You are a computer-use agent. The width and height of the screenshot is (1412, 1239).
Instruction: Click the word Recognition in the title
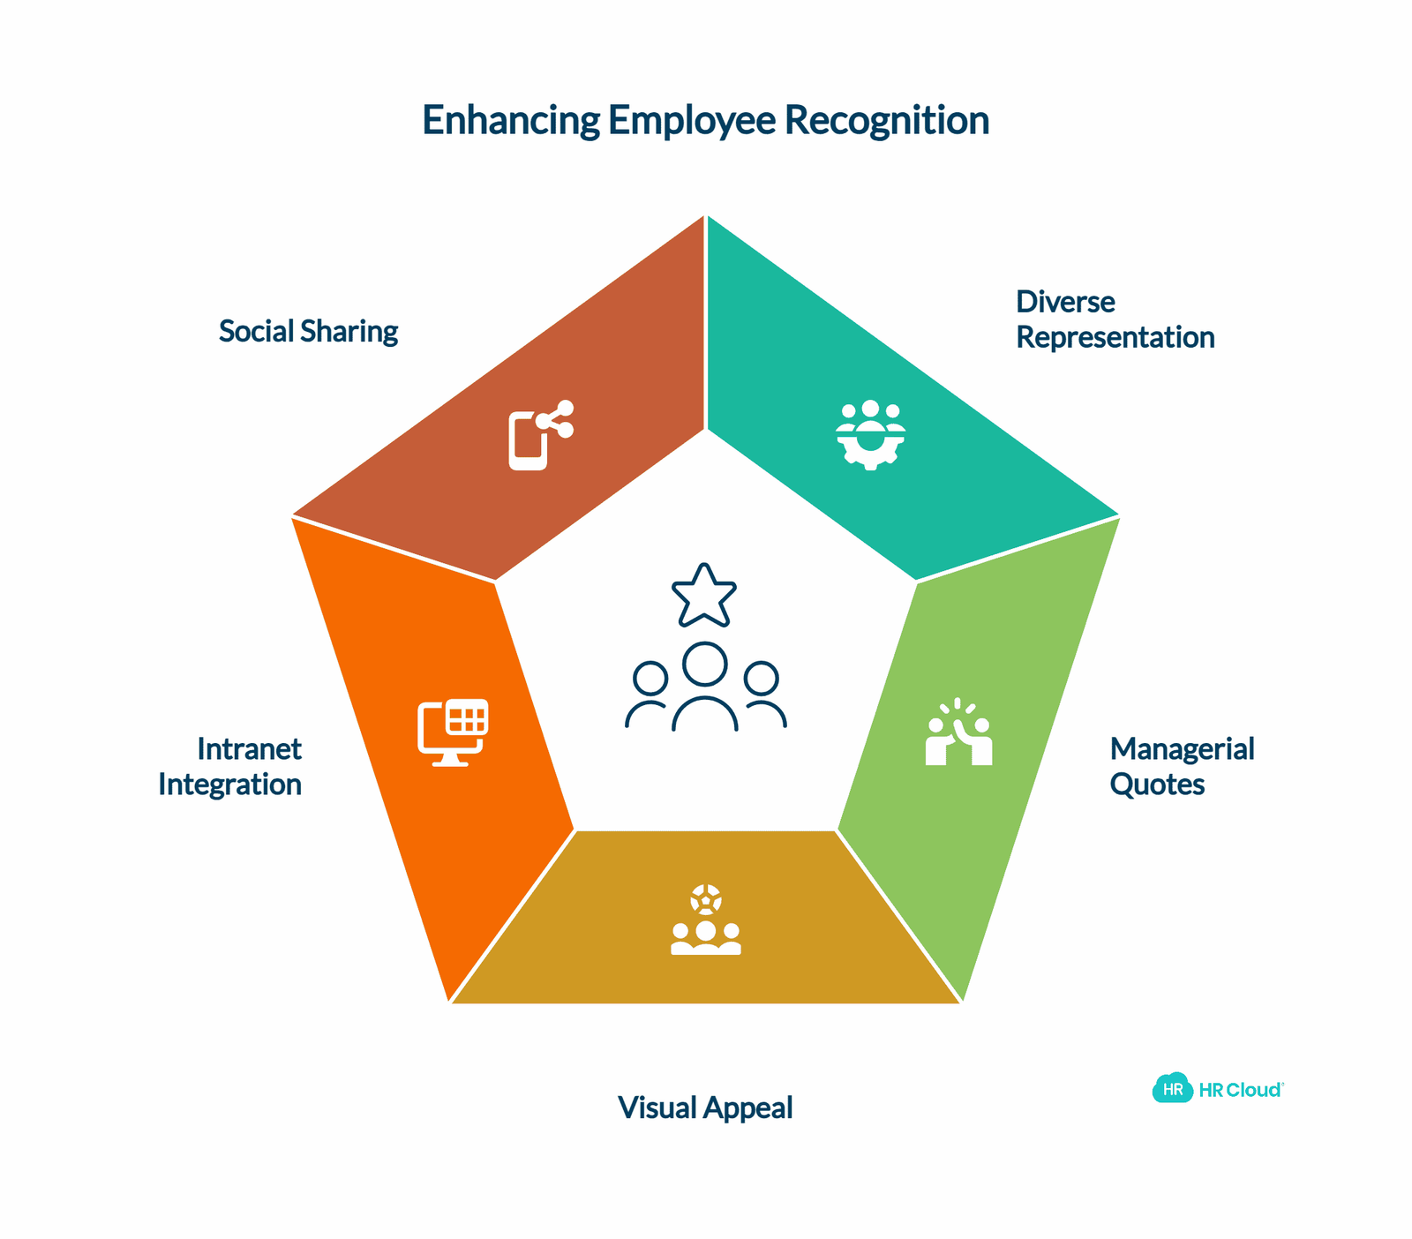[886, 122]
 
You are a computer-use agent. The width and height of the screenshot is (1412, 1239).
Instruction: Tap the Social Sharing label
[308, 332]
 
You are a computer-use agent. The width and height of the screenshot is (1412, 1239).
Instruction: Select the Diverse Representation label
[1115, 319]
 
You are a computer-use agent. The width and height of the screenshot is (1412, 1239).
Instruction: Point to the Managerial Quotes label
[1182, 766]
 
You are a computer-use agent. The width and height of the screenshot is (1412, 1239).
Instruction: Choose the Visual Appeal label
[705, 1108]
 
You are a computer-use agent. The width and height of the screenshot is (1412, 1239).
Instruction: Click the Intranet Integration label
[230, 766]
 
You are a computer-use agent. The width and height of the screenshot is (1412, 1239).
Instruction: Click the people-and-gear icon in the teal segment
[870, 435]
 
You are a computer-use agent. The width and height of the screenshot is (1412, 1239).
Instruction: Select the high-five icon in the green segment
[959, 732]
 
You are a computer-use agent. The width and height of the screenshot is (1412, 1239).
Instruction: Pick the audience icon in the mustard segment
[706, 920]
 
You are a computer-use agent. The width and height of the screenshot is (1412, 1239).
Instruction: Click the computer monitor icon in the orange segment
[453, 732]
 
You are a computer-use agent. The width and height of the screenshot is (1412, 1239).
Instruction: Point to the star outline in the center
[704, 595]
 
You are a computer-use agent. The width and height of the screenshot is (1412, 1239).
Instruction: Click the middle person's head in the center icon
[704, 664]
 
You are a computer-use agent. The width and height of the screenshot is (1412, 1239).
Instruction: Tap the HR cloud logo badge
[1173, 1088]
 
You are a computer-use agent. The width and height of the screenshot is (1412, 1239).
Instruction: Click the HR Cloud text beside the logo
[1240, 1090]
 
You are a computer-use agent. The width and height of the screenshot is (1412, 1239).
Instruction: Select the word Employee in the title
[692, 122]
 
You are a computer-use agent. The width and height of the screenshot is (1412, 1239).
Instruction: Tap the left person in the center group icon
[650, 694]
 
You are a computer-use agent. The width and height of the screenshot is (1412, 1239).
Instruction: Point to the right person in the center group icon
[762, 694]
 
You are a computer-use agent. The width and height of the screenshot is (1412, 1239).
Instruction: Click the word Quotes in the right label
[1157, 784]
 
